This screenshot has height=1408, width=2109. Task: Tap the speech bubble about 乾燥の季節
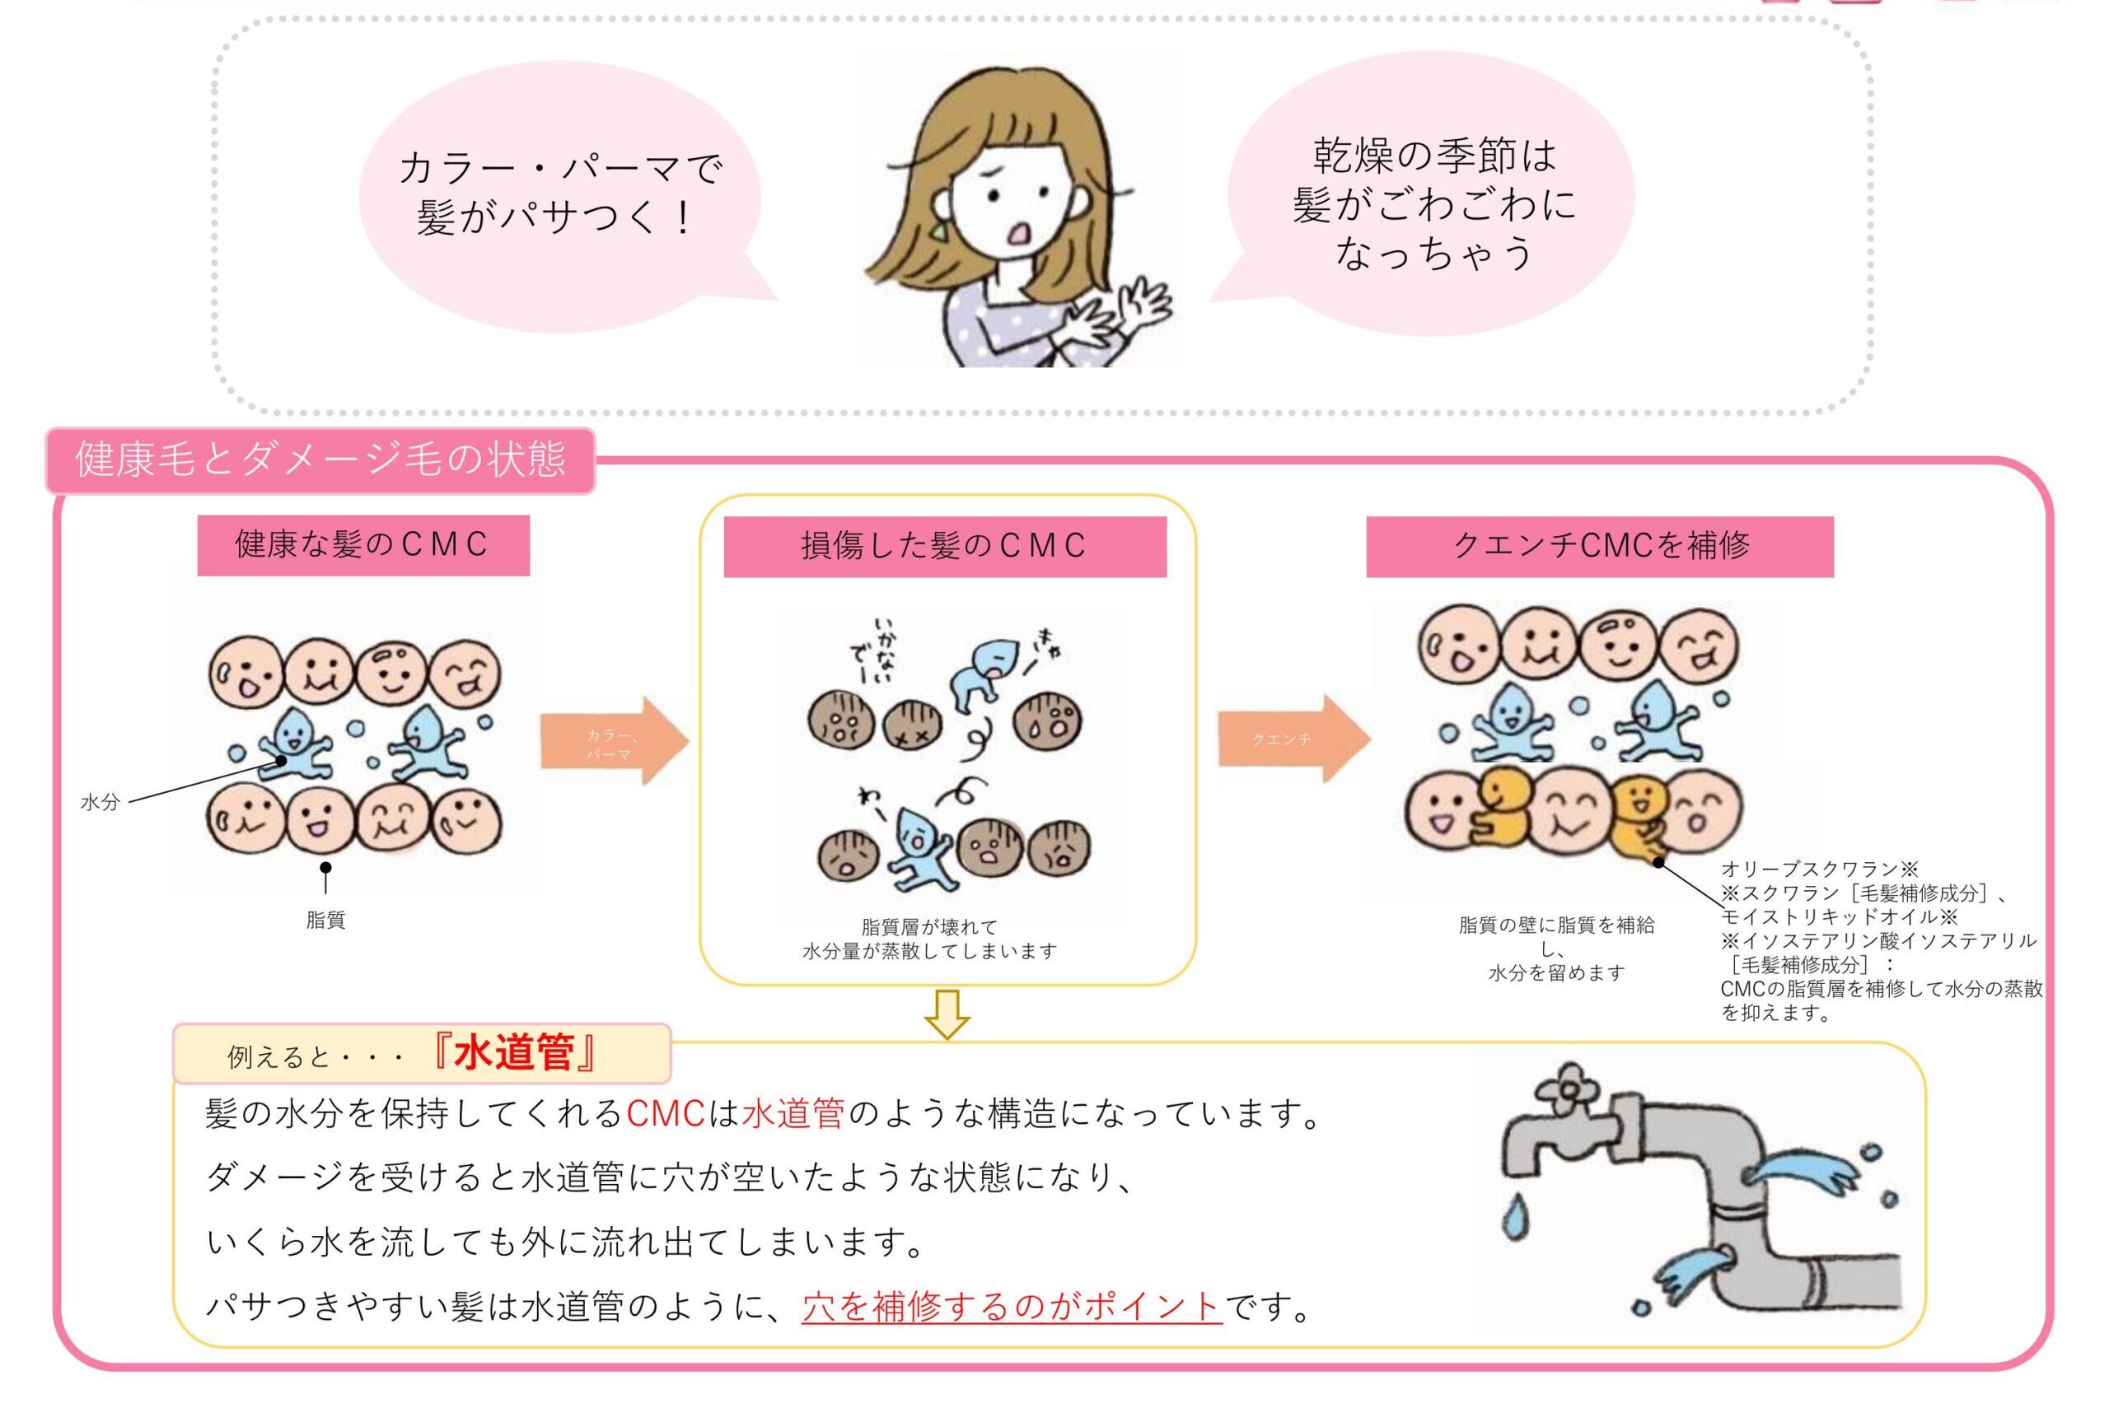1433,202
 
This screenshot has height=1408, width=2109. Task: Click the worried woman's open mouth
1021,232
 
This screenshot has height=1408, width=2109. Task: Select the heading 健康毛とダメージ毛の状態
320,459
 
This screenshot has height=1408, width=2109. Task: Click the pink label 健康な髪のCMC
362,544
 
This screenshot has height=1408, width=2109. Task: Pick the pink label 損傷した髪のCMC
944,546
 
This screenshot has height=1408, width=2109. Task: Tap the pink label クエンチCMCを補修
1600,546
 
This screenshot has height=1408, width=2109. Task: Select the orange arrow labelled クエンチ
1292,739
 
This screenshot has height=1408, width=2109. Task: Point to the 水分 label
100,802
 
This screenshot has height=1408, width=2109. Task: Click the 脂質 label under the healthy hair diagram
325,920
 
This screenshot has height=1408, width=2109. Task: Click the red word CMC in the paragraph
666,1114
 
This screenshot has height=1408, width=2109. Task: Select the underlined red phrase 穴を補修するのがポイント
1012,1307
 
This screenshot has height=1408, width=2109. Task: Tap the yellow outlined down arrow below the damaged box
947,1014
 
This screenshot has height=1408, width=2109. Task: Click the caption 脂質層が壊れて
929,926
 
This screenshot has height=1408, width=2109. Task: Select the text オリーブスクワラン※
1819,870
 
